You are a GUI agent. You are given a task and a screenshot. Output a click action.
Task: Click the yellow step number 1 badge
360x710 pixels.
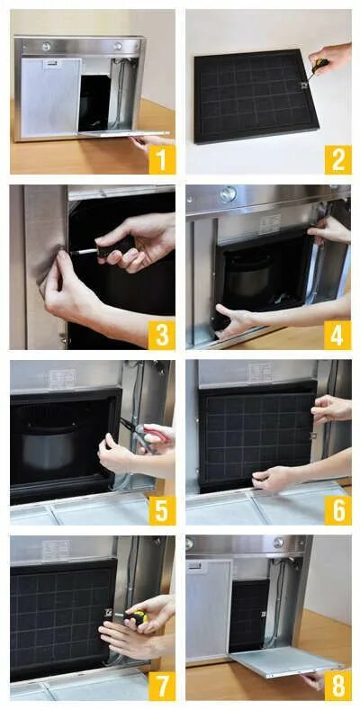coord(162,159)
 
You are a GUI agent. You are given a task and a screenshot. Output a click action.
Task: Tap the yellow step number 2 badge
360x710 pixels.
coord(337,159)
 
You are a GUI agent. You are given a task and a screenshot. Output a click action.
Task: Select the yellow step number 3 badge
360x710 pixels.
coord(162,335)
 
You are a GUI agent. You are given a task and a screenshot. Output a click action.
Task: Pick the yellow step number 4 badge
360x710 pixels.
coord(337,335)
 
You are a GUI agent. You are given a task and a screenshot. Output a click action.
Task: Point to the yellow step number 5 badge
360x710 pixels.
coord(162,511)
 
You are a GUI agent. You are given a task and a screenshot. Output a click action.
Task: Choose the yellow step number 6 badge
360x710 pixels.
coord(337,511)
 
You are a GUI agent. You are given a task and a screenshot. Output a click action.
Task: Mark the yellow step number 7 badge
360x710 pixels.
coord(162,687)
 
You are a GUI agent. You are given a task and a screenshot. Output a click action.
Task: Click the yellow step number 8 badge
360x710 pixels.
coord(337,687)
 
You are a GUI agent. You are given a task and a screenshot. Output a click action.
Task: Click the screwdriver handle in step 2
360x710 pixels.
coord(321,66)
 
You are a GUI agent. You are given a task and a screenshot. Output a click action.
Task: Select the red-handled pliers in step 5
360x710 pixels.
coord(147,433)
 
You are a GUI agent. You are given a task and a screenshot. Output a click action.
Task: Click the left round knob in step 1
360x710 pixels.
coord(46,46)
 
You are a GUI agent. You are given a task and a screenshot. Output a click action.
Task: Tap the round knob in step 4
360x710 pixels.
coord(229,193)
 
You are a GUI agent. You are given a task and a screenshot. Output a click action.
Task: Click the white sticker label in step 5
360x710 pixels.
coord(62,379)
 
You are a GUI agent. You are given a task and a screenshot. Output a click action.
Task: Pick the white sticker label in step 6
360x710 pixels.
coord(260,373)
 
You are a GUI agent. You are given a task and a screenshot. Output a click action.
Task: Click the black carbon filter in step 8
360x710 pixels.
coord(248,615)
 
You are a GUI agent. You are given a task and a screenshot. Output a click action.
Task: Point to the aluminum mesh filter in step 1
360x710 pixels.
coord(50,97)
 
